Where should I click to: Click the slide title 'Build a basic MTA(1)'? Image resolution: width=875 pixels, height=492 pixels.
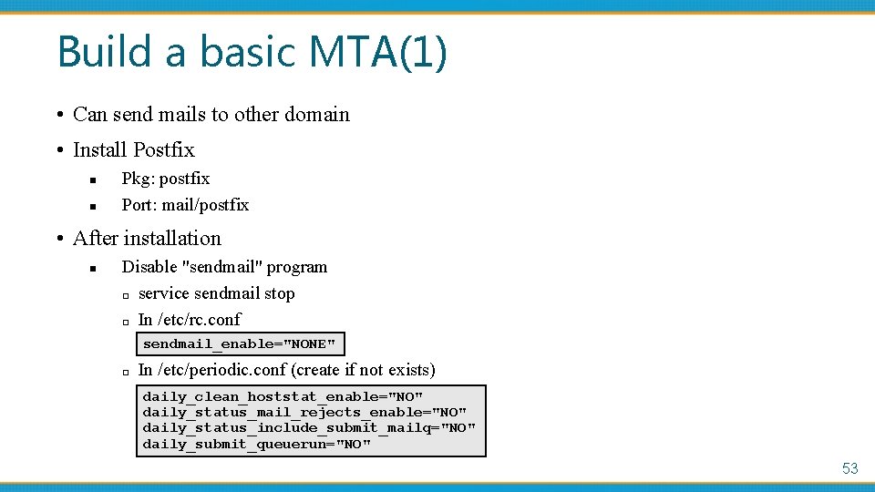coord(252,52)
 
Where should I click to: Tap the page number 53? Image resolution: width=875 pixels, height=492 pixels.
coord(849,468)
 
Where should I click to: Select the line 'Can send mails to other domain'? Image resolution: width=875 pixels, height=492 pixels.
coord(211,115)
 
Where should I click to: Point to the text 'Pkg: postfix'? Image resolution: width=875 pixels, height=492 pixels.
coord(166,179)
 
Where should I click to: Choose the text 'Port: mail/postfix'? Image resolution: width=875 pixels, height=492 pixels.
coord(185,205)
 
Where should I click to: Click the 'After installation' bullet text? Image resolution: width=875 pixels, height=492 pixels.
coord(147,239)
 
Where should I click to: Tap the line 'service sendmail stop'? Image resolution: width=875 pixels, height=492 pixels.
coord(216,293)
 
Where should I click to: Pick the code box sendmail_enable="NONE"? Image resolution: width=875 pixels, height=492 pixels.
coord(240,344)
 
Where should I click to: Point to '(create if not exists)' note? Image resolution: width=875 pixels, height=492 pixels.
coord(363,370)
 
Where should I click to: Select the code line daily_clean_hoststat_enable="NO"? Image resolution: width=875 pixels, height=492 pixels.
coord(283,397)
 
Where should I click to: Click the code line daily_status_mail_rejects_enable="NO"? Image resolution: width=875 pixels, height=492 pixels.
coord(304,413)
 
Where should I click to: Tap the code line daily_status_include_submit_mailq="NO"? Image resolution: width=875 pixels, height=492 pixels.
coord(309,428)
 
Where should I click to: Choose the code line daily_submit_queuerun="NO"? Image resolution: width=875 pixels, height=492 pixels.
coord(257,445)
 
